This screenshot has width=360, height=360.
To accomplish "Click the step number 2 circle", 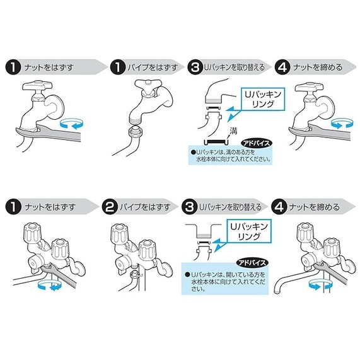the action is point(110,207).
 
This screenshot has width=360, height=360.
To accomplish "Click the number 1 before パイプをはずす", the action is point(118,67).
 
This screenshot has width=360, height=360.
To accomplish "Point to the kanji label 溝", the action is point(233,131).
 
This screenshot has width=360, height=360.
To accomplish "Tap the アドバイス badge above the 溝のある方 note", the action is point(256,144).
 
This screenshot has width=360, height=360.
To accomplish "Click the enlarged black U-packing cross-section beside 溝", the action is point(216,142).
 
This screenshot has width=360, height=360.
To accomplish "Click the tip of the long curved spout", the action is point(277,291).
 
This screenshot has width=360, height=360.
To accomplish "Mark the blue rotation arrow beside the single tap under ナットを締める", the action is point(342,123).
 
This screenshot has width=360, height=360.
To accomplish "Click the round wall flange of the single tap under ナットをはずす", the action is point(55,107).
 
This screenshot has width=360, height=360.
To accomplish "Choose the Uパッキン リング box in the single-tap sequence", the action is point(263,99).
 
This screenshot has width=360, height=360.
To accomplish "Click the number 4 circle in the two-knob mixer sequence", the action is point(279,207).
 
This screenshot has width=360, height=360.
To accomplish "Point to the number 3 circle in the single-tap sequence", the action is point(195,67).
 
